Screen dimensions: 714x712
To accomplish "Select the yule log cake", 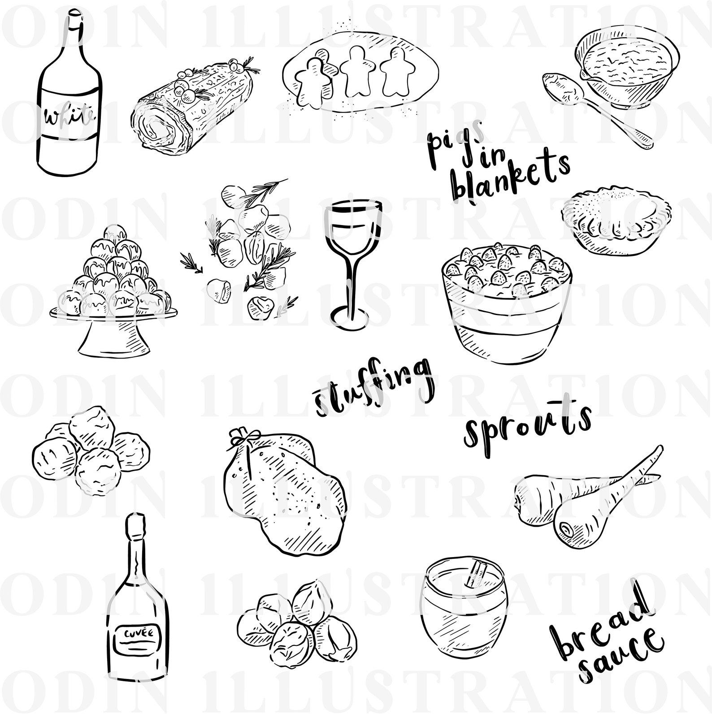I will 193,103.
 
